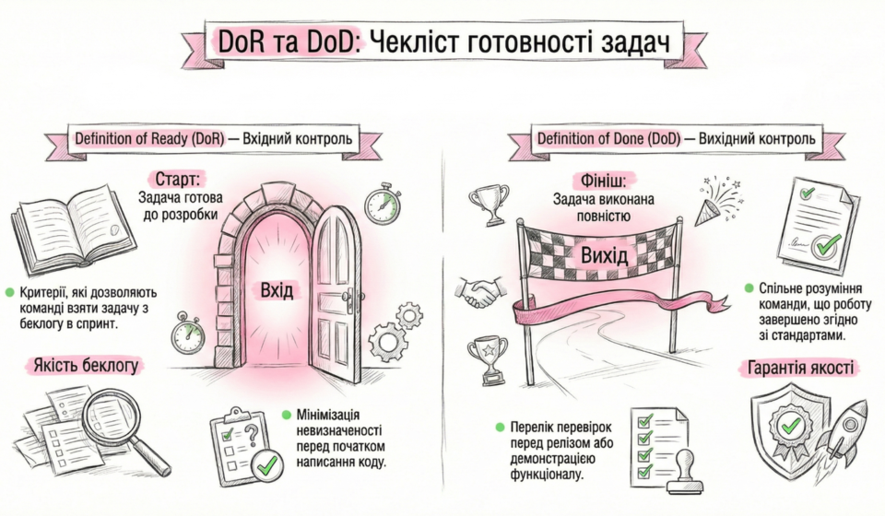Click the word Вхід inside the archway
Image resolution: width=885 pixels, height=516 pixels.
coord(277,291)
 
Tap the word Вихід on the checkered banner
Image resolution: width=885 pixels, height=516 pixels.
coord(605,254)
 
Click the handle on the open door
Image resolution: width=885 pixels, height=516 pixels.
coord(348,298)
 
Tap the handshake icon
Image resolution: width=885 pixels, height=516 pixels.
coord(478,294)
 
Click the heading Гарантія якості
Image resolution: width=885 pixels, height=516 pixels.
coord(798,369)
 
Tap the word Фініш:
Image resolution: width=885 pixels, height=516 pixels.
coord(590,177)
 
